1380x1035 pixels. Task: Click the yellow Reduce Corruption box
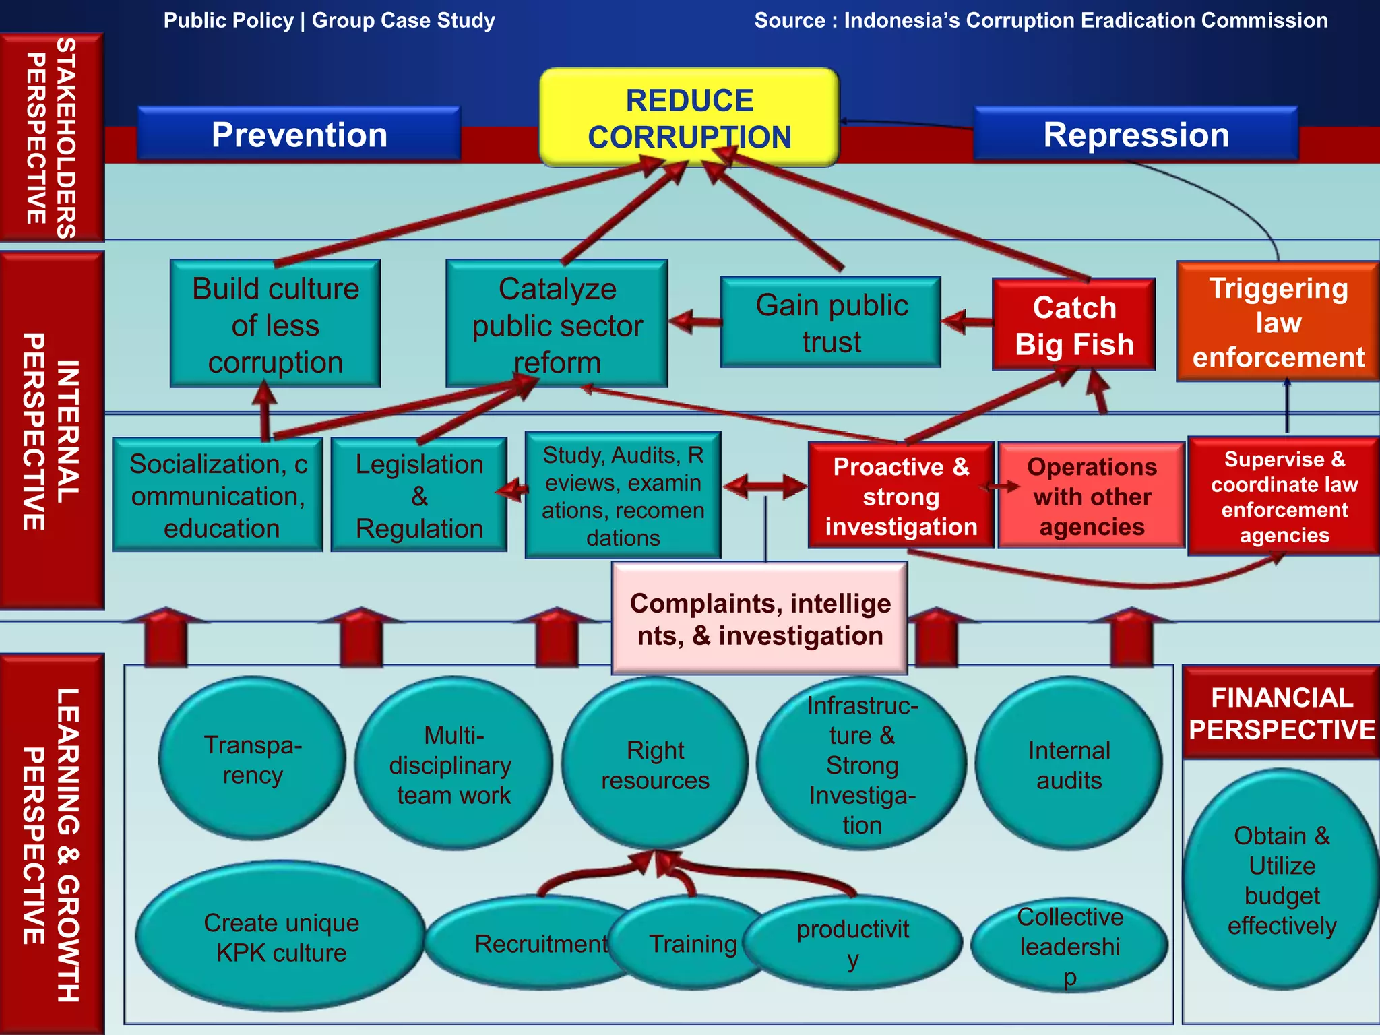click(x=689, y=117)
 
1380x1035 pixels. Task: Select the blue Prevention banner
click(x=299, y=135)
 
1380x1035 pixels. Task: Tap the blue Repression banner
click(x=1136, y=135)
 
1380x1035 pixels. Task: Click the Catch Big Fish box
click(x=1074, y=325)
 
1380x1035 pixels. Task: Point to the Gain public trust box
click(x=831, y=323)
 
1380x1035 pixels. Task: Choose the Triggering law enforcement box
click(x=1278, y=322)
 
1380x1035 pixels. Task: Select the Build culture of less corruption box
click(x=275, y=324)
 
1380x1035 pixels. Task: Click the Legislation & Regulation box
click(x=419, y=496)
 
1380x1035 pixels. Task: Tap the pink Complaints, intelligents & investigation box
click(x=759, y=619)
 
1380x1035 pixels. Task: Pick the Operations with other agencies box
click(x=1092, y=496)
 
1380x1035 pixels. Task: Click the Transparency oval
click(x=253, y=759)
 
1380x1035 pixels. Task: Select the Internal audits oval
click(x=1069, y=765)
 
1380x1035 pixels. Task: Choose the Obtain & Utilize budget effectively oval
click(x=1281, y=880)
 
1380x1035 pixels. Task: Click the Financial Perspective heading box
click(x=1281, y=714)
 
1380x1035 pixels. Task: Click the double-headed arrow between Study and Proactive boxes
click(x=765, y=486)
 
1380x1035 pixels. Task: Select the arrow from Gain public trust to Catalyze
click(x=695, y=321)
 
